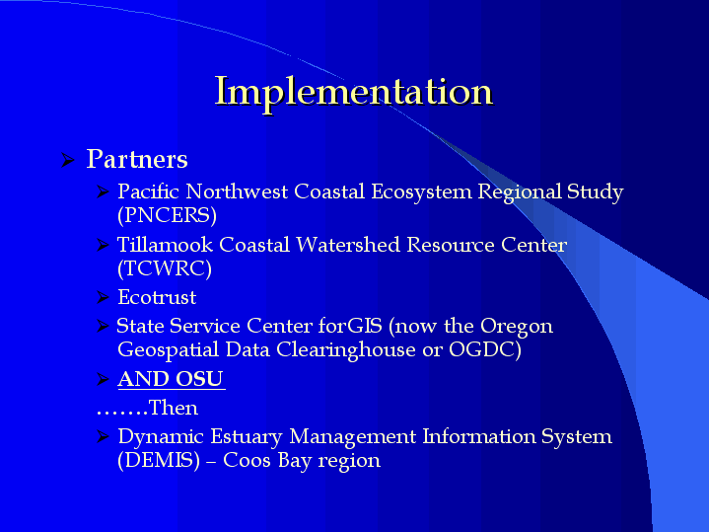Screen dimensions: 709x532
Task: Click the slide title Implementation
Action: pos(354,92)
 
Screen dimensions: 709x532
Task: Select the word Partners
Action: pos(137,159)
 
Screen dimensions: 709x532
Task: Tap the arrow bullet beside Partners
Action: pos(68,160)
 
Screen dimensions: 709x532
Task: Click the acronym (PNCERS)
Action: pos(167,215)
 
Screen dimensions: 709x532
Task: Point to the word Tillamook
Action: pos(165,245)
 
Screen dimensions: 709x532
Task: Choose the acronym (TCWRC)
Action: pos(165,268)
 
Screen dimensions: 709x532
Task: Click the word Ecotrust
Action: pos(157,297)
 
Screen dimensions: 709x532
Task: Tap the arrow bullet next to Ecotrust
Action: pos(104,297)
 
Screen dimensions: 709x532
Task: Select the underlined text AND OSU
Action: pos(171,379)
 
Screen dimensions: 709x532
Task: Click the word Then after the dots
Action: pos(174,408)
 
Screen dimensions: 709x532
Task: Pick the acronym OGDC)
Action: pos(485,349)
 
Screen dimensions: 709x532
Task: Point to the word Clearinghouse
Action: pos(346,350)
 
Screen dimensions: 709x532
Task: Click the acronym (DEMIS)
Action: pos(159,461)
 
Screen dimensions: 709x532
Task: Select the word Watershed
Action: pos(348,245)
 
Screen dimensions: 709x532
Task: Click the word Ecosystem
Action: pos(421,191)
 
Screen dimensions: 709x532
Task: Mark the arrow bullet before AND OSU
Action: pos(104,379)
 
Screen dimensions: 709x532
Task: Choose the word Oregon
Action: pos(517,327)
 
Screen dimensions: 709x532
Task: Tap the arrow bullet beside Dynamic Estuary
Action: pos(104,436)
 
